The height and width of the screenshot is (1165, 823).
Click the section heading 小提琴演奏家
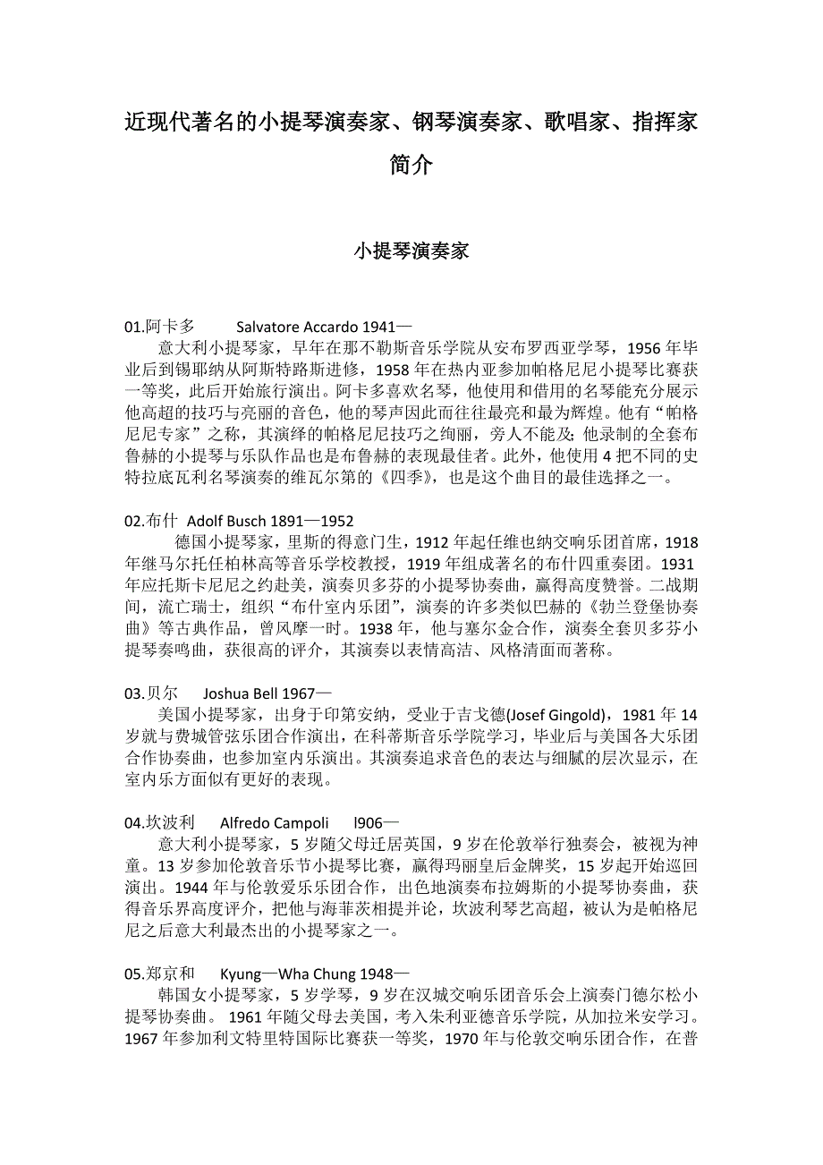411,251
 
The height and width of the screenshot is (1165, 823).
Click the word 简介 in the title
411,165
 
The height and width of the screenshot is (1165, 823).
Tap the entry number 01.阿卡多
159,327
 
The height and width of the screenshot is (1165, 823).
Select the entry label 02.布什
151,521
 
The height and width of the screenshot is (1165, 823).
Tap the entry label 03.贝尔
151,693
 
